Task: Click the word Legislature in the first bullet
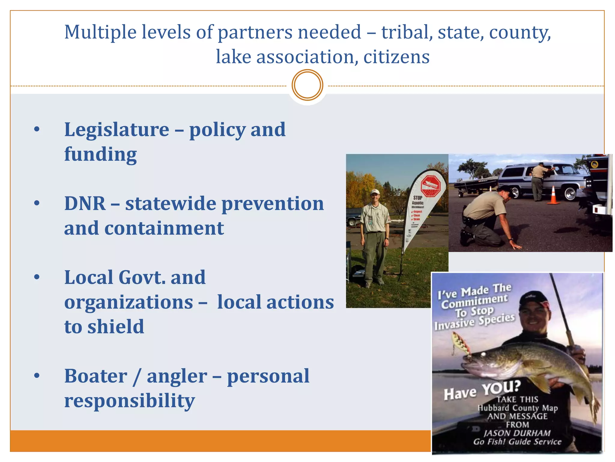(117, 130)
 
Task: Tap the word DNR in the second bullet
(85, 204)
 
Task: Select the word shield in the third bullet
(116, 327)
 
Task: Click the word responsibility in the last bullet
(129, 401)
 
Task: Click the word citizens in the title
(396, 57)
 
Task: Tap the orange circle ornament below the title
(307, 85)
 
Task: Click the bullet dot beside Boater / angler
(37, 376)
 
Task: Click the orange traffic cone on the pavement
(553, 196)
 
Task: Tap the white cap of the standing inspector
(375, 192)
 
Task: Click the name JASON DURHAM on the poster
(517, 433)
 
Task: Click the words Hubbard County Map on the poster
(518, 408)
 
